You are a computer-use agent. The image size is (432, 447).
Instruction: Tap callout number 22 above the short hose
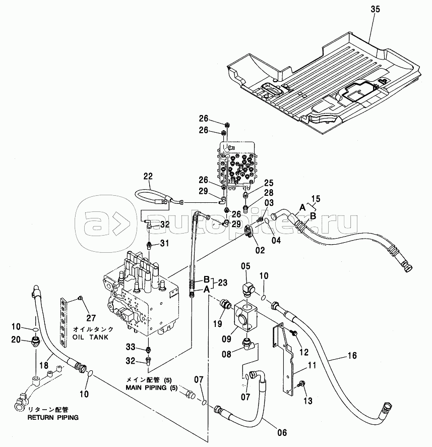coord(148,176)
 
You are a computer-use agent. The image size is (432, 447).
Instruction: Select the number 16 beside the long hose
coord(352,356)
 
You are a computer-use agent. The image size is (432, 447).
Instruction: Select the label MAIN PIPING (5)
coord(150,387)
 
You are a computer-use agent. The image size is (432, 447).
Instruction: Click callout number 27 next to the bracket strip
coord(90,317)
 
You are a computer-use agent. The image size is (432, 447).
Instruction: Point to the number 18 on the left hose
coord(44,363)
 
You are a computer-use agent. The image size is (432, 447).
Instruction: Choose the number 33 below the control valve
coord(131,347)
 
